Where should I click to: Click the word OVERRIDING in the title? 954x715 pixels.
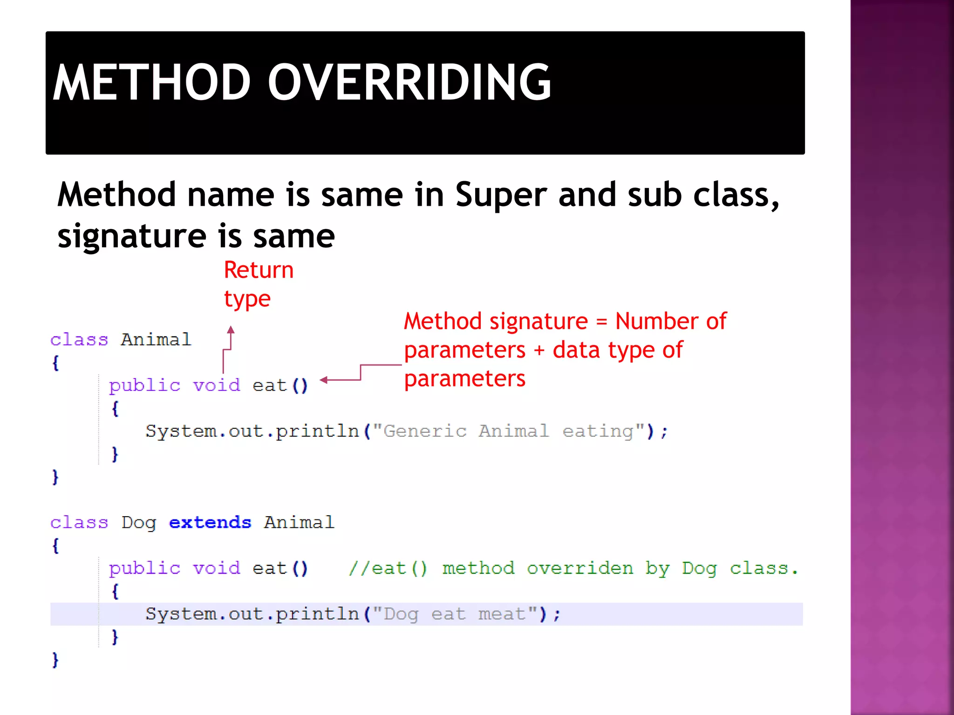pyautogui.click(x=410, y=82)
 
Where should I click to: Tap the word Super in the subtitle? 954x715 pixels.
pyautogui.click(x=501, y=195)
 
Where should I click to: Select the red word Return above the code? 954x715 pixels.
pyautogui.click(x=259, y=270)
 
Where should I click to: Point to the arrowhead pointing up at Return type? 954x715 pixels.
pyautogui.click(x=231, y=330)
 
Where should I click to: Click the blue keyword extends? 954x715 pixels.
pyautogui.click(x=210, y=522)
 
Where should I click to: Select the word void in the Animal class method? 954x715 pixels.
pyautogui.click(x=217, y=385)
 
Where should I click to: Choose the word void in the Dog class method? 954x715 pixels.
pyautogui.click(x=217, y=568)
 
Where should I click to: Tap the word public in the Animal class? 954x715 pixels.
pyautogui.click(x=144, y=385)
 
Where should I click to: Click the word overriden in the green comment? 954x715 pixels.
pyautogui.click(x=580, y=568)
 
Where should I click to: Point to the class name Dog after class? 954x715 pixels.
pyautogui.click(x=138, y=523)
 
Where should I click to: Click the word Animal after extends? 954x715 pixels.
pyautogui.click(x=299, y=522)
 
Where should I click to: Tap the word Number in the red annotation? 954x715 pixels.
pyautogui.click(x=656, y=321)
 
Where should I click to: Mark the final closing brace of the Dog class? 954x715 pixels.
pyautogui.click(x=55, y=660)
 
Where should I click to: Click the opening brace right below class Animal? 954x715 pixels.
pyautogui.click(x=55, y=363)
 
